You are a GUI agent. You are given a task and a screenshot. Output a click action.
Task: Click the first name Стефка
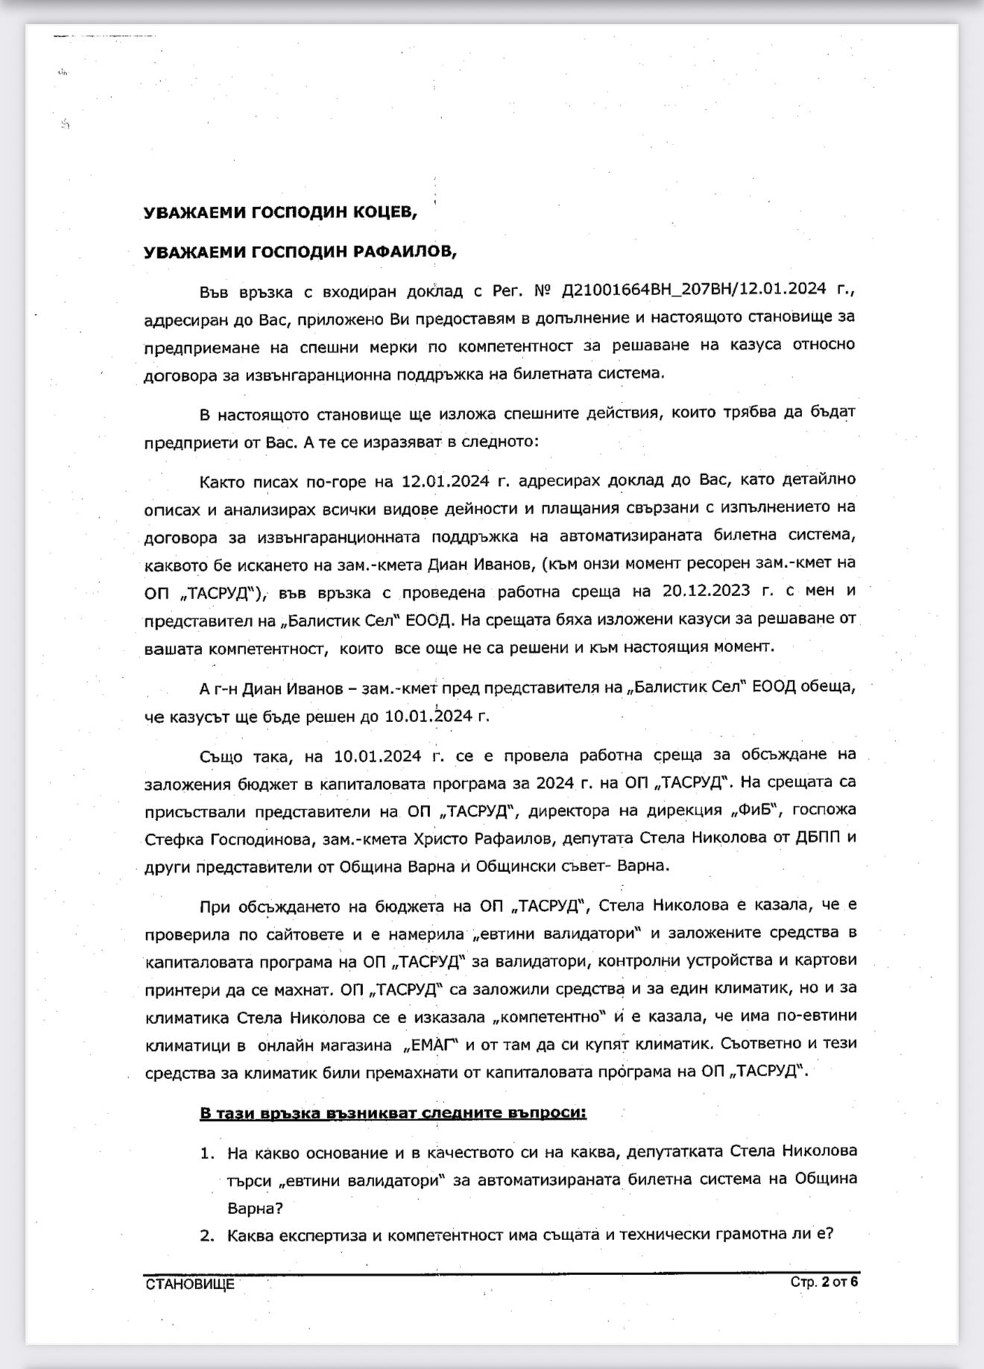pos(173,838)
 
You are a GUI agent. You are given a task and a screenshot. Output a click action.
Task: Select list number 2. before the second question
pos(206,1235)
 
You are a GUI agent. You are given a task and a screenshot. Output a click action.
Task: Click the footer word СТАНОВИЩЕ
pos(190,1284)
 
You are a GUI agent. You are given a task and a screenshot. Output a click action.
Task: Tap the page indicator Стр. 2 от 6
pos(824,1282)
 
